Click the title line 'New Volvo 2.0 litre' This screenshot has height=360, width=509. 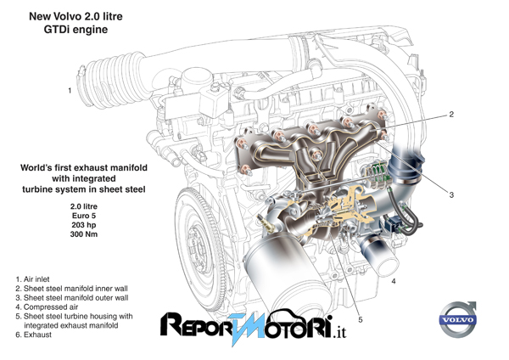click(x=76, y=16)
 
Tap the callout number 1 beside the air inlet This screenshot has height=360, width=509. click(x=70, y=90)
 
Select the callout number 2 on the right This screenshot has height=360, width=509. click(x=451, y=115)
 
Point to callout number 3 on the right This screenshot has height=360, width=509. click(x=451, y=195)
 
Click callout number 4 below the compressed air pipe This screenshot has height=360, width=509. click(x=394, y=281)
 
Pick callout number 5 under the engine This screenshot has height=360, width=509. click(x=361, y=320)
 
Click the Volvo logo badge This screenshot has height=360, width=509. click(x=458, y=319)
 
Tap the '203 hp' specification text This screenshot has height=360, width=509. click(x=84, y=225)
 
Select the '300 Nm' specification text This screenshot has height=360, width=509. click(x=84, y=234)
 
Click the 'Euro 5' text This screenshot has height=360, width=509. click(x=84, y=216)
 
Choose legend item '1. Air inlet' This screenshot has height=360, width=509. click(x=33, y=279)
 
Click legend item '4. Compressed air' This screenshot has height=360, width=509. click(x=47, y=307)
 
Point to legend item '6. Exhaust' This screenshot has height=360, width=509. click(x=33, y=335)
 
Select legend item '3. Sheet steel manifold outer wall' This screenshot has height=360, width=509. click(x=72, y=298)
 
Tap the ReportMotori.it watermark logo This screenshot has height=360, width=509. click(x=253, y=326)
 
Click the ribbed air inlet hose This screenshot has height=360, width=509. click(x=110, y=82)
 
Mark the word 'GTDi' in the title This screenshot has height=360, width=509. click(x=58, y=30)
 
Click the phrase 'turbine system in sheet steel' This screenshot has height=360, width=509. click(x=84, y=189)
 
